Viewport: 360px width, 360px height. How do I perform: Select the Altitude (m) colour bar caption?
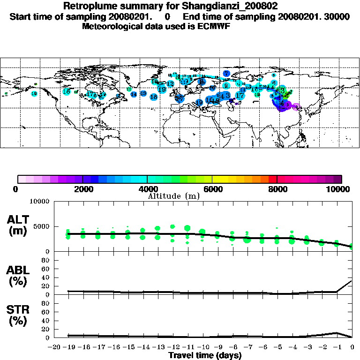coord(174,195)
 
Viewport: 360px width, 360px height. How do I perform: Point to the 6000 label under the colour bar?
coord(212,189)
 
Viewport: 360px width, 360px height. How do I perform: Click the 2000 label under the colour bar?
coord(82,189)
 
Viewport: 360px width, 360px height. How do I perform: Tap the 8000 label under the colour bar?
coord(277,189)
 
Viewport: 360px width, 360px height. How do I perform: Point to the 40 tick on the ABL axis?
coord(46,277)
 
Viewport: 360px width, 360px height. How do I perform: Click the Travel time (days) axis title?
coord(205,355)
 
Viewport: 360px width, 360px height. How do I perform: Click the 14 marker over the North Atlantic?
coord(134,94)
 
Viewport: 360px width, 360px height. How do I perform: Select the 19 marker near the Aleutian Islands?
coord(34,94)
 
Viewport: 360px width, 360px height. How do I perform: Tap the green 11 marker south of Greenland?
coord(129,89)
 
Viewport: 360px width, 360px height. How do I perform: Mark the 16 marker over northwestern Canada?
coord(67,91)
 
